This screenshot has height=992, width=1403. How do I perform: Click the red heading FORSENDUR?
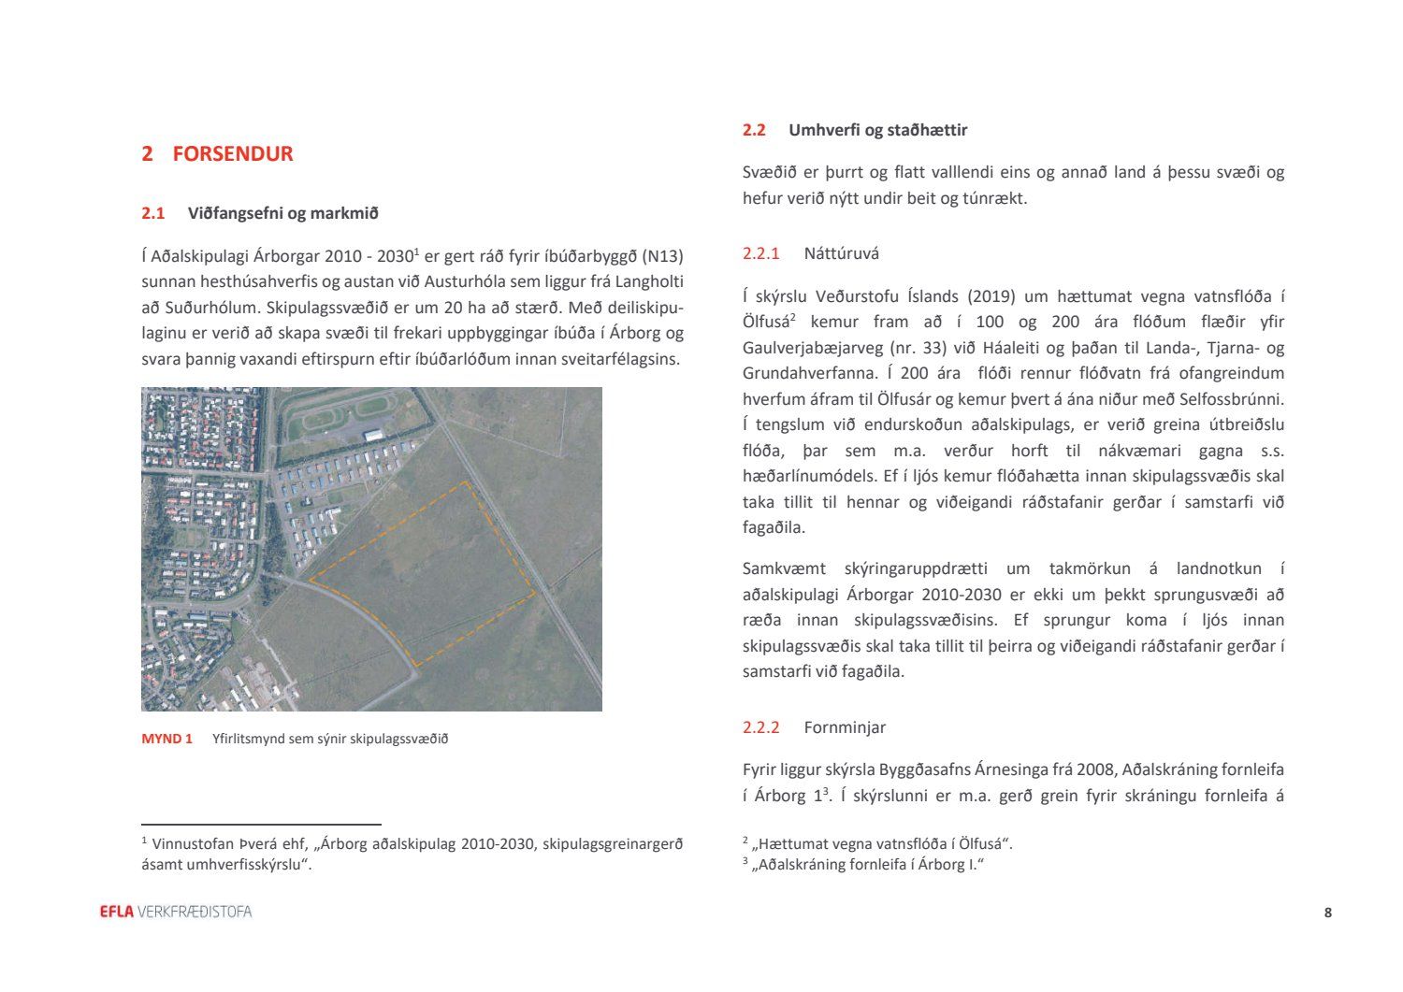(x=232, y=154)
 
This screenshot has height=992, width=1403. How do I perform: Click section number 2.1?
(x=152, y=213)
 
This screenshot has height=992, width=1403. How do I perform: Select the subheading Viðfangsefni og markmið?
(x=282, y=213)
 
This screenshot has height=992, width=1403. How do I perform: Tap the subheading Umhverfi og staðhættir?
(x=877, y=130)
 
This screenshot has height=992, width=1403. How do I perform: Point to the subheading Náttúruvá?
(x=841, y=253)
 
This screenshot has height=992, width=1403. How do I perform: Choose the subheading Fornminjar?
(x=845, y=727)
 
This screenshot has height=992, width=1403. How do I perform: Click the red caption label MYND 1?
(x=166, y=739)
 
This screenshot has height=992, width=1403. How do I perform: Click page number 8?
(x=1327, y=913)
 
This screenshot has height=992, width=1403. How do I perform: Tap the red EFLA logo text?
(x=117, y=912)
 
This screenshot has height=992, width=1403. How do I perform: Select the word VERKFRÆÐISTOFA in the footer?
(x=195, y=912)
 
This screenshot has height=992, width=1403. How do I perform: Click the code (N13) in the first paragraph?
(x=663, y=256)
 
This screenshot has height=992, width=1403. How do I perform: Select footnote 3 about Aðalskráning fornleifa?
(x=865, y=865)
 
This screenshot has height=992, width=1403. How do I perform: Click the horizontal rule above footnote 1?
(x=261, y=825)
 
